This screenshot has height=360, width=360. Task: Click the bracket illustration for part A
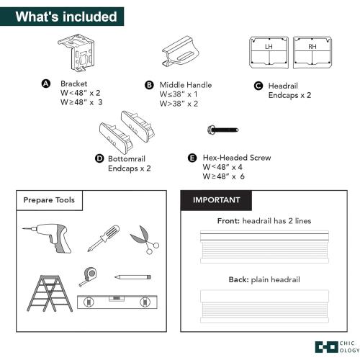76,53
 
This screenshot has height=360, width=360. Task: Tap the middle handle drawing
181,52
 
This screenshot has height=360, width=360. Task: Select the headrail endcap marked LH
269,53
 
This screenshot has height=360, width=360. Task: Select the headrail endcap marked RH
312,53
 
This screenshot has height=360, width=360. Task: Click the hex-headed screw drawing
223,130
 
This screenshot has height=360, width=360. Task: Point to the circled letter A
46,84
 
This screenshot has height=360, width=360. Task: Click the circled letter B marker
149,85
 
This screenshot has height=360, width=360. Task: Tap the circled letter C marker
258,86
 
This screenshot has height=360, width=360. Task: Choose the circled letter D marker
99,158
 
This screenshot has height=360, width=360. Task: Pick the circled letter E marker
192,158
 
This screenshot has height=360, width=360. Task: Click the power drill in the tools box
48,237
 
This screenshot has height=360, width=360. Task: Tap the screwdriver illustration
104,238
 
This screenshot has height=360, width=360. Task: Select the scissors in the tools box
145,240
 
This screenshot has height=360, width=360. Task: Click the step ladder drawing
50,293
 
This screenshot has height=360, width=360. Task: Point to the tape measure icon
89,276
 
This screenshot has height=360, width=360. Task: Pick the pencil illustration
132,277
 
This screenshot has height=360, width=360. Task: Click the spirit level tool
117,302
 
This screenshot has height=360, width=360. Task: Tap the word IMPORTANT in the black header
216,200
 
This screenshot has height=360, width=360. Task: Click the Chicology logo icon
326,347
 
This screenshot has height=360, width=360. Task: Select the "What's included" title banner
62,17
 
